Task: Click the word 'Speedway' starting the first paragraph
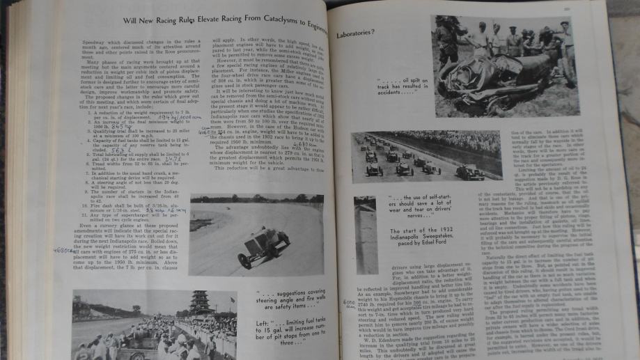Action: pyautogui.click(x=91, y=42)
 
